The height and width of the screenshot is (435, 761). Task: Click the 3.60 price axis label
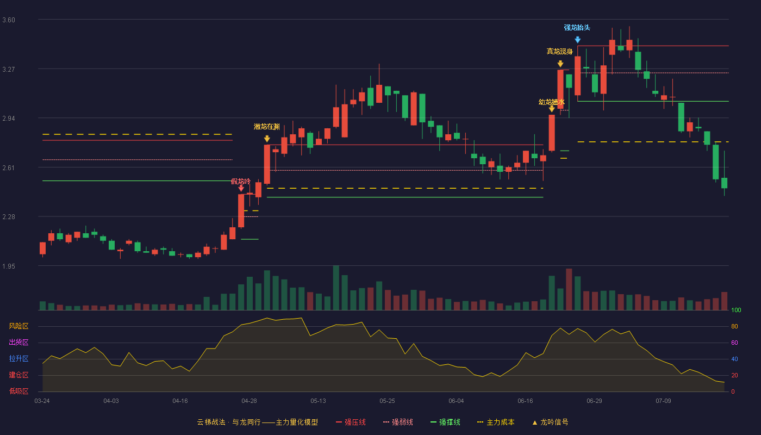click(x=9, y=20)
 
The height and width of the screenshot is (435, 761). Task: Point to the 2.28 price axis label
click(x=9, y=217)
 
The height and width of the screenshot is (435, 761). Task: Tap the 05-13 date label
click(x=318, y=401)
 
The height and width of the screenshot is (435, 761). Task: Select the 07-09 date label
click(x=663, y=401)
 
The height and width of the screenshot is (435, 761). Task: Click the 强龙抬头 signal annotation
click(x=577, y=28)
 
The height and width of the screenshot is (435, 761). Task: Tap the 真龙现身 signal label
click(x=559, y=51)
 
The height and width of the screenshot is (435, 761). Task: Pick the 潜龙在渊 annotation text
click(x=267, y=127)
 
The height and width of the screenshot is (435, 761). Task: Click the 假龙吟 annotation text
click(x=240, y=181)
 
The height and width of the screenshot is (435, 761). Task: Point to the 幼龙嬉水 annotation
click(x=551, y=102)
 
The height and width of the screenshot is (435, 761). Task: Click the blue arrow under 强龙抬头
click(x=577, y=40)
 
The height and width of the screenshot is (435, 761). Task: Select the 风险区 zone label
click(x=18, y=326)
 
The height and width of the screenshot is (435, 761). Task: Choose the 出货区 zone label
click(x=18, y=342)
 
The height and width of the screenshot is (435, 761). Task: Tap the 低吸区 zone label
click(x=18, y=391)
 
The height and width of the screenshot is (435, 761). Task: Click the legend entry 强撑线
click(x=445, y=422)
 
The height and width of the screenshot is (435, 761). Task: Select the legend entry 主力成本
click(x=496, y=422)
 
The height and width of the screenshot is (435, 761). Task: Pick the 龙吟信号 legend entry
click(x=550, y=422)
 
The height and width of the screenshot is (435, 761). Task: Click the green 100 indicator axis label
click(x=736, y=310)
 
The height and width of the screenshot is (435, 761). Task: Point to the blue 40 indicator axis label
click(x=734, y=359)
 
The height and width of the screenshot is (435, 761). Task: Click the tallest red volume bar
click(x=569, y=289)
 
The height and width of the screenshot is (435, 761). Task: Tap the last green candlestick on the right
click(x=724, y=183)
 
